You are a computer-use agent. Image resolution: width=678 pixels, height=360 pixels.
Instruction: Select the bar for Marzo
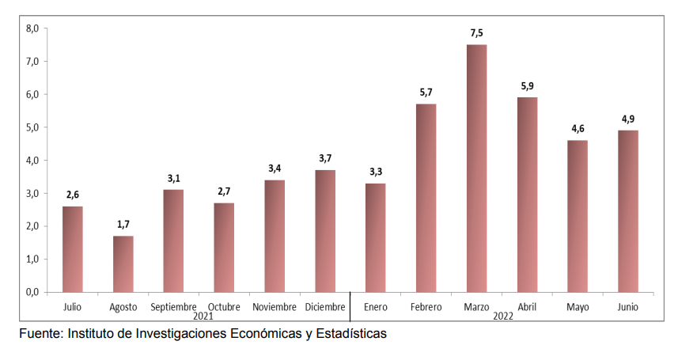pyautogui.click(x=476, y=168)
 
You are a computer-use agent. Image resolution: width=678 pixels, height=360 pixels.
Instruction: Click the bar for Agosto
pyautogui.click(x=123, y=263)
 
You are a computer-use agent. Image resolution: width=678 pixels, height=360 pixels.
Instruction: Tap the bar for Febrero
pyautogui.click(x=426, y=198)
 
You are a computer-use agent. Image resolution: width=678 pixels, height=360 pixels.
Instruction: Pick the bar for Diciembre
pyautogui.click(x=325, y=230)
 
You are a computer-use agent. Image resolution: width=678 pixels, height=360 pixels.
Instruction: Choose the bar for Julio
pyautogui.click(x=72, y=248)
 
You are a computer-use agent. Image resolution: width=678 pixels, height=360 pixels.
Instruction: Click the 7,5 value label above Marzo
pyautogui.click(x=476, y=33)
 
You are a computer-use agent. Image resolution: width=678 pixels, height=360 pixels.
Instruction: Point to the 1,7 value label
pyautogui.click(x=123, y=225)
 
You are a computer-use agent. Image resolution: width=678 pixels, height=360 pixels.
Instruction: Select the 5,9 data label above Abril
pyautogui.click(x=527, y=86)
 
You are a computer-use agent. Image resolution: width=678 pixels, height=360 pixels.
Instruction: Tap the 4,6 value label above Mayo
pyautogui.click(x=578, y=129)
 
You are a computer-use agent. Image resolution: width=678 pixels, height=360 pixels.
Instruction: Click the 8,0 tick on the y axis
pyautogui.click(x=32, y=28)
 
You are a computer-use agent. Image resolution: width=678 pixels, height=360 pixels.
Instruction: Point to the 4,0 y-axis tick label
pyautogui.click(x=32, y=161)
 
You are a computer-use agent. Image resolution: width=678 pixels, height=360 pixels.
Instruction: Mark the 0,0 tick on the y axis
pyautogui.click(x=32, y=292)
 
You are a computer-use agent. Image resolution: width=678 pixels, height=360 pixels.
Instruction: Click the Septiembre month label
pyautogui.click(x=173, y=307)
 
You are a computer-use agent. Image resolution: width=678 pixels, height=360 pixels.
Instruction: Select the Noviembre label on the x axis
pyautogui.click(x=275, y=307)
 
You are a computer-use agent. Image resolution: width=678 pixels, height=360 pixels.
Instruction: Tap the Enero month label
pyautogui.click(x=375, y=307)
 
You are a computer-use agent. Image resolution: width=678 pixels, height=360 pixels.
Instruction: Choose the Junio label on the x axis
pyautogui.click(x=628, y=307)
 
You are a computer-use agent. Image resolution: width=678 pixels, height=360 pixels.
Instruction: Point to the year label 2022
pyautogui.click(x=502, y=316)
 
